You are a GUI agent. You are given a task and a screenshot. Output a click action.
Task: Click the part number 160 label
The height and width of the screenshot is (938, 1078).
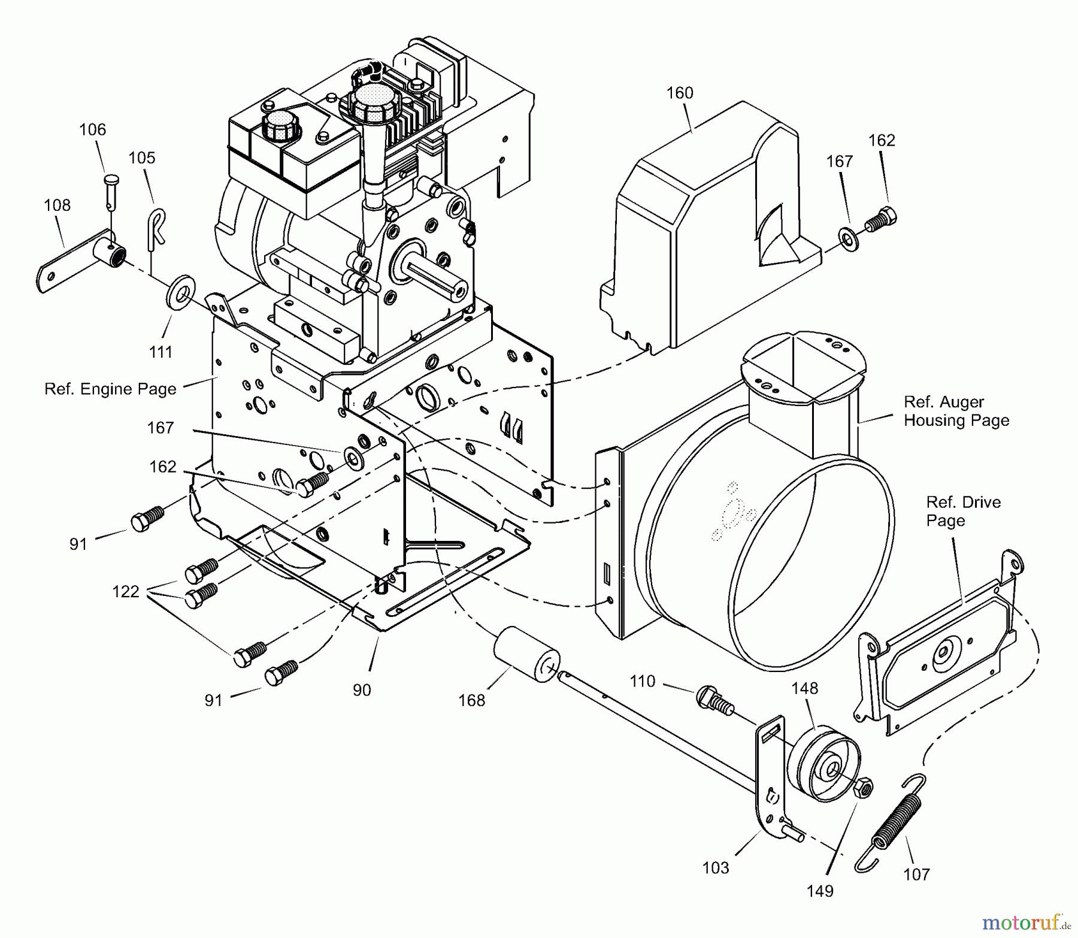680,93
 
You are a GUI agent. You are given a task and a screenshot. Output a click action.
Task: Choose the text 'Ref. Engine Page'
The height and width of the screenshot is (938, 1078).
110,389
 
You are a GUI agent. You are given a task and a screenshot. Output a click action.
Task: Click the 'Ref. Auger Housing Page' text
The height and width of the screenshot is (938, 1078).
956,411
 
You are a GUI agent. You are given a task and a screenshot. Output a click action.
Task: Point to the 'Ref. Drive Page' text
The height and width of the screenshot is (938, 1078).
963,511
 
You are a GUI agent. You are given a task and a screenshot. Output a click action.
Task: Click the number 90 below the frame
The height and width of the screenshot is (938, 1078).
362,690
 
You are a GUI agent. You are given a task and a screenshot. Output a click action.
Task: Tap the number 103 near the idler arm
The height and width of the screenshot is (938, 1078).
716,867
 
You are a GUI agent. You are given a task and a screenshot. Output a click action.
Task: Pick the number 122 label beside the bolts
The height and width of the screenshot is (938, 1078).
126,591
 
